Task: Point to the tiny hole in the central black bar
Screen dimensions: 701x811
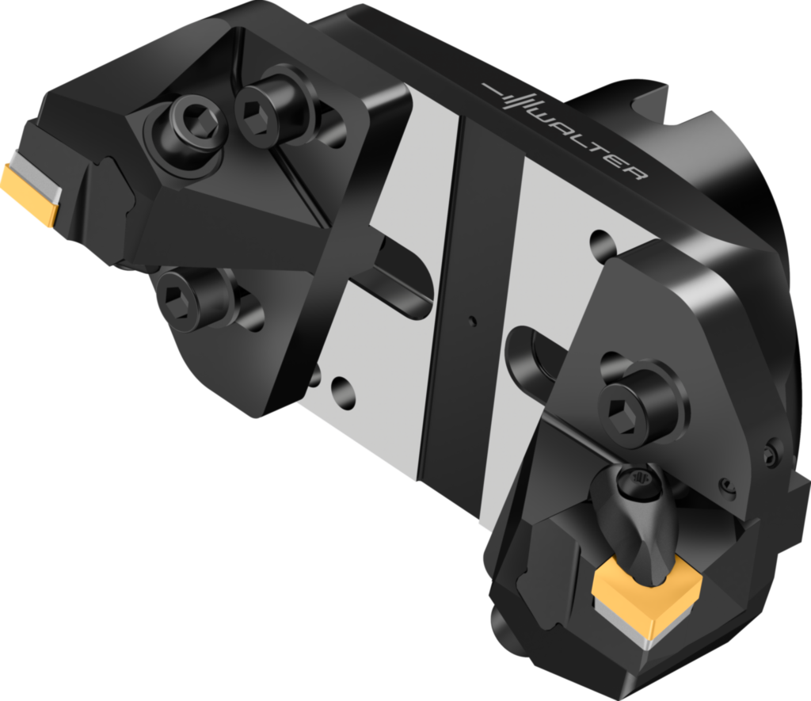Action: click(473, 321)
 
